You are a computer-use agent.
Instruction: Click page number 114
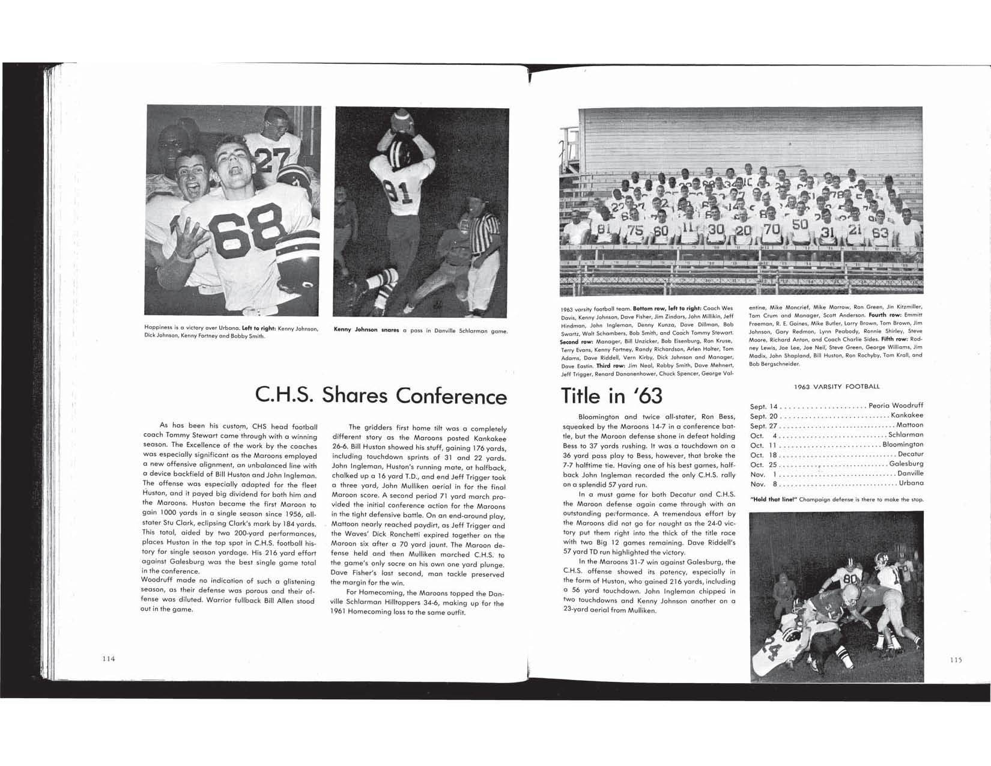[x=108, y=658]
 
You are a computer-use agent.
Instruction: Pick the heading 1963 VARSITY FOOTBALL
[x=836, y=386]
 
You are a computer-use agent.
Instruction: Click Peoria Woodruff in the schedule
[x=896, y=406]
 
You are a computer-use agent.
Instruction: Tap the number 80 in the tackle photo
[x=850, y=579]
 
